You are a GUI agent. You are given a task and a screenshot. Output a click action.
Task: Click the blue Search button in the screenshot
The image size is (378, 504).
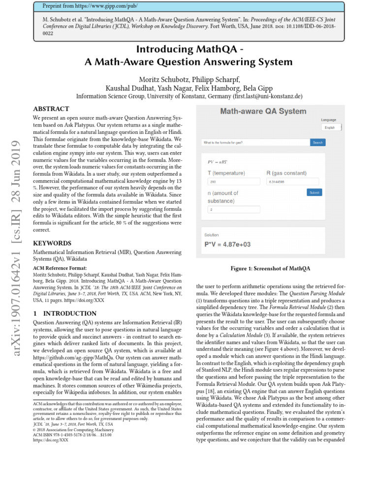point(317,142)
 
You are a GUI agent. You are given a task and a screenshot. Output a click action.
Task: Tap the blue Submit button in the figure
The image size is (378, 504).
point(314,192)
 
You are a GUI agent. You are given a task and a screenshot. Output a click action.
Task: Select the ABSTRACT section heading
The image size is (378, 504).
point(51,109)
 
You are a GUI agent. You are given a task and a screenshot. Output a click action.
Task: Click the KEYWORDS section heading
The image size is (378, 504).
point(52,243)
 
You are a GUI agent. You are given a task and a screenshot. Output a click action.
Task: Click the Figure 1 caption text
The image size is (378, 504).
point(270,268)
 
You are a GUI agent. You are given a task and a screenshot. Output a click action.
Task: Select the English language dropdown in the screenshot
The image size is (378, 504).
point(331,127)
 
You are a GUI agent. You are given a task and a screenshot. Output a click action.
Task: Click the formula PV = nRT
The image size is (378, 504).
point(218,161)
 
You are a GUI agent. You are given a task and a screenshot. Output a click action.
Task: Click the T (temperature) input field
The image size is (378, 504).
point(233,182)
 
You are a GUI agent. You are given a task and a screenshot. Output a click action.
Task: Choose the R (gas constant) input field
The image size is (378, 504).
point(292,182)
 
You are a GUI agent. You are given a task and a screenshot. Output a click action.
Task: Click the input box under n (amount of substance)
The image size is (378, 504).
point(233,209)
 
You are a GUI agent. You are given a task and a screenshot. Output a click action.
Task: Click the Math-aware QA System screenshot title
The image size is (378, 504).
point(263,111)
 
